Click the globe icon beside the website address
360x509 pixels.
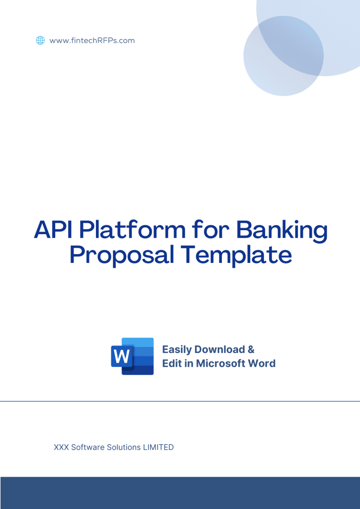pos(40,41)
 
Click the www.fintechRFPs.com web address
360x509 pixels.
pos(92,41)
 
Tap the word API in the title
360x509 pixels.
pos(54,230)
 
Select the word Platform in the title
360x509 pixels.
pos(133,230)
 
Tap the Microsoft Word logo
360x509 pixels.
pos(132,356)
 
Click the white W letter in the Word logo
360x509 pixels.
pos(122,356)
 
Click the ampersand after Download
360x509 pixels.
pos(251,349)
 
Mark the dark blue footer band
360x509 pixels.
pos(180,493)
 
